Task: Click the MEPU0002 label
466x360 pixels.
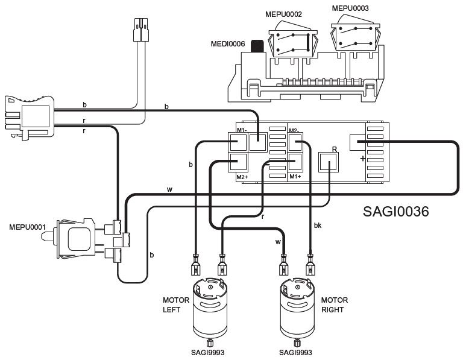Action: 283,14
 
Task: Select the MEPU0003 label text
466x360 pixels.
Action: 350,8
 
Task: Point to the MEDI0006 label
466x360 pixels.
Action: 228,44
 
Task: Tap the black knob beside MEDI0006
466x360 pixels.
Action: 257,46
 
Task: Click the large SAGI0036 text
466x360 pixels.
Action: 396,212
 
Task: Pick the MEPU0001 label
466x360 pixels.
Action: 27,227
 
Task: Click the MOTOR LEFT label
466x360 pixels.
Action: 176,305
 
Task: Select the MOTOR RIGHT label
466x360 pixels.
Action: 335,305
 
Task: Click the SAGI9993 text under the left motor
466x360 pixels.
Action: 208,353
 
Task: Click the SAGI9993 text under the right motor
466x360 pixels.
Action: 295,353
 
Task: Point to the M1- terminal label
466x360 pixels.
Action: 242,130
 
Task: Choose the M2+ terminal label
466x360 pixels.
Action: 242,177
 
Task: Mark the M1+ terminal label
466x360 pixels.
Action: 295,177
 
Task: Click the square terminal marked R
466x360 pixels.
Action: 329,162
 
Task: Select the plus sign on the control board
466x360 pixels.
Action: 362,159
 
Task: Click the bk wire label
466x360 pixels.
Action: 318,226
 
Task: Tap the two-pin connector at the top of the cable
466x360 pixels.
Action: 141,30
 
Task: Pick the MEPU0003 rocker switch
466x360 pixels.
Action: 356,36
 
